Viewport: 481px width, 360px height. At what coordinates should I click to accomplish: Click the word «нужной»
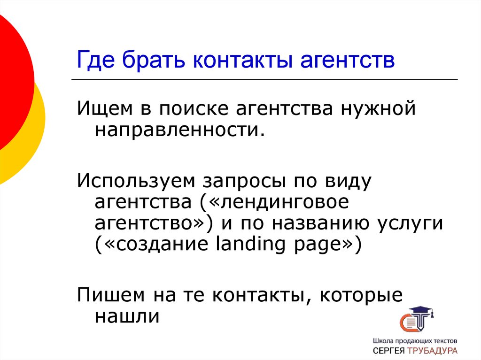[379, 110]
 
